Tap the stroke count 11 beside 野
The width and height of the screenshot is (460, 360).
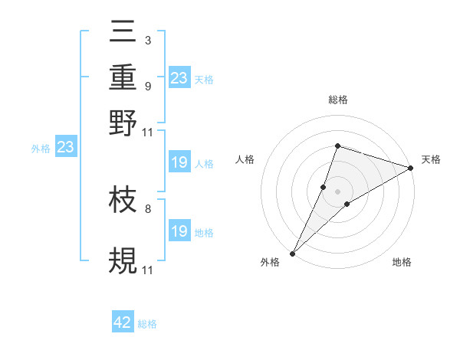pyautogui.click(x=148, y=132)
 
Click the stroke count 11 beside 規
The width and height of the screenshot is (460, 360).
pyautogui.click(x=148, y=270)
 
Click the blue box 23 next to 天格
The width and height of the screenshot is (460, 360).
pyautogui.click(x=179, y=77)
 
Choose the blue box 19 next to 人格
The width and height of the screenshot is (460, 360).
pyautogui.click(x=179, y=162)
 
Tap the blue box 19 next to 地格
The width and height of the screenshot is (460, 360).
pyautogui.click(x=179, y=231)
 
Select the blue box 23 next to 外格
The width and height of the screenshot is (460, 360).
pyautogui.click(x=65, y=148)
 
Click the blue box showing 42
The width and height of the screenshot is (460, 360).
pyautogui.click(x=123, y=322)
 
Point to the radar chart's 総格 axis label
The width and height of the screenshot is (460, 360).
pyautogui.click(x=337, y=100)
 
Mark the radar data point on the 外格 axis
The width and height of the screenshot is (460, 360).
pyautogui.click(x=293, y=253)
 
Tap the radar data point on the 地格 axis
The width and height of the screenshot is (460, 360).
pyautogui.click(x=347, y=204)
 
